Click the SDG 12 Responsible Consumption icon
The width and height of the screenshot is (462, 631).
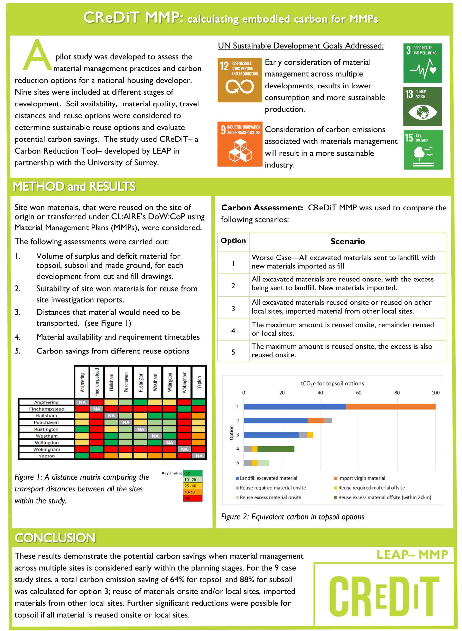click(240, 80)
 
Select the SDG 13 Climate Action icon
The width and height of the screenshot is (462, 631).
click(422, 106)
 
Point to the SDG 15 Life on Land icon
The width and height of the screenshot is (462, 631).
click(423, 150)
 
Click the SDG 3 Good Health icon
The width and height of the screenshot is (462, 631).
click(422, 63)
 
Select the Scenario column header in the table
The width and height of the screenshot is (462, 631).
click(347, 241)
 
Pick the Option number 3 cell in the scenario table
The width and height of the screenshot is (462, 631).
click(233, 308)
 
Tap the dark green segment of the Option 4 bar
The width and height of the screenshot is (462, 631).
click(276, 449)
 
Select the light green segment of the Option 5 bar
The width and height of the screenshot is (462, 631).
click(263, 463)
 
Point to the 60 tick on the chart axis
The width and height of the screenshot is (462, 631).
click(359, 393)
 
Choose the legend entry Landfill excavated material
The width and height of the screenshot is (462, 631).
click(268, 478)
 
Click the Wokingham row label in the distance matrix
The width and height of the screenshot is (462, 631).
click(46, 449)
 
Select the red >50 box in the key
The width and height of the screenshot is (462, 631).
click(192, 498)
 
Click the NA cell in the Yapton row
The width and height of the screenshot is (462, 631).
click(199, 456)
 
